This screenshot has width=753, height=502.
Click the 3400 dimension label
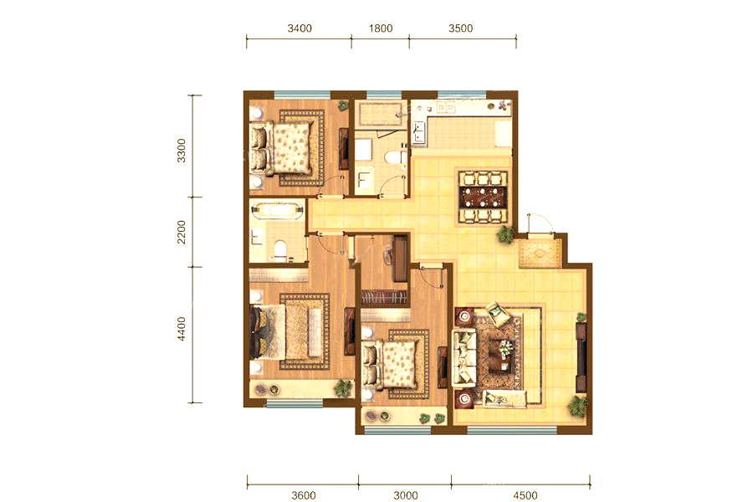coord(300,28)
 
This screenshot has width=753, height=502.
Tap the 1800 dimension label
coord(381,28)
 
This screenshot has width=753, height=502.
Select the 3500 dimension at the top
coord(461,28)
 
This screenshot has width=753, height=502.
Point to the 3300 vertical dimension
coord(181,151)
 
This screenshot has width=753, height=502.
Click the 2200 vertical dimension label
coord(181,232)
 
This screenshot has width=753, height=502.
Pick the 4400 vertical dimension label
coord(181,329)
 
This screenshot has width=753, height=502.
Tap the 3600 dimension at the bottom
coord(304,495)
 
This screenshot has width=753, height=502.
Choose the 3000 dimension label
coord(406,495)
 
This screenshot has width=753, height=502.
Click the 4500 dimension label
coord(525,495)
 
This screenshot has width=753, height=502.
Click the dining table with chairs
coord(483,197)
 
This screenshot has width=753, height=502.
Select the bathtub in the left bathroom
coord(278,211)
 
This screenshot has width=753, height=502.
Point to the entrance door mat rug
coord(540,253)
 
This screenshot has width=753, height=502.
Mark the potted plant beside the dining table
coord(505,234)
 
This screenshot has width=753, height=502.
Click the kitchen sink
coord(418,132)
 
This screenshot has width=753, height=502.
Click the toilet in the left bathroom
coord(279,250)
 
